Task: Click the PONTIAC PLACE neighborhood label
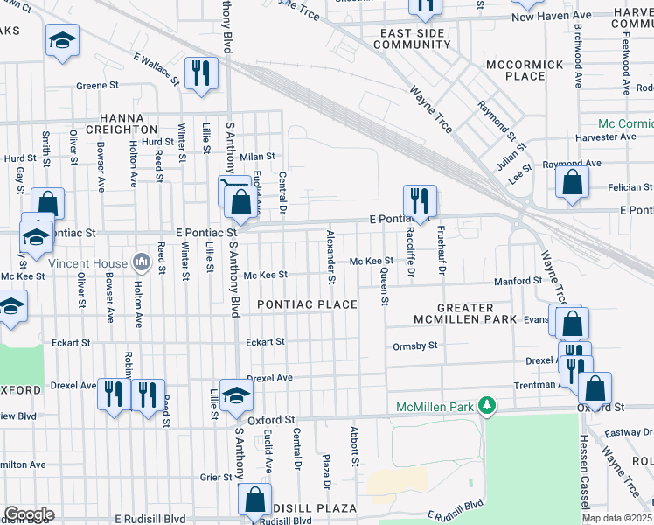pos(307,304)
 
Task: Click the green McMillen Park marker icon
pos(491,407)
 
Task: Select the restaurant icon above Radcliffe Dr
pos(420,200)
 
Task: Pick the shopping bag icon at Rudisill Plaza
pos(254,500)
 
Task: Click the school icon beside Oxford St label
pos(235,395)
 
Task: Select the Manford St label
pos(518,281)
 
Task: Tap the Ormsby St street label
pos(414,346)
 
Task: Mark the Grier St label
pos(215,478)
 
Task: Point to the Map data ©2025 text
pos(616,518)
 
